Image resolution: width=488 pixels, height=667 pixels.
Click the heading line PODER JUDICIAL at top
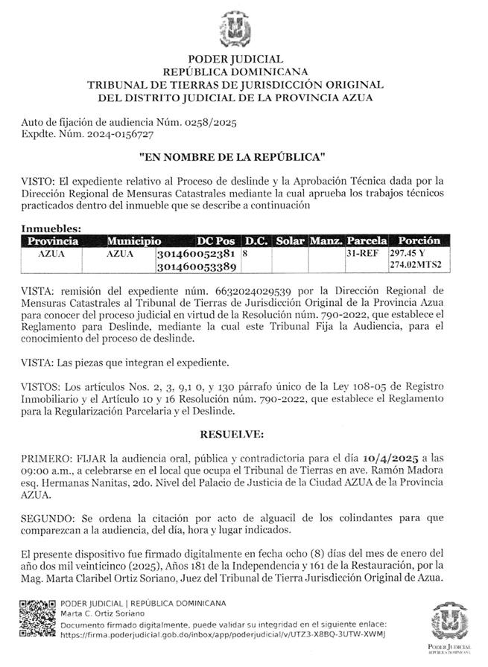(x=235, y=59)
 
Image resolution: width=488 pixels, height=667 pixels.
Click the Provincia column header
(x=53, y=241)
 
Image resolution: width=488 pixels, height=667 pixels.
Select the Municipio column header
(x=133, y=241)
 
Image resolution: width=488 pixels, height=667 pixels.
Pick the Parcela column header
(x=367, y=241)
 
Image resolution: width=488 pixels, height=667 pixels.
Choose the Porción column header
(x=419, y=241)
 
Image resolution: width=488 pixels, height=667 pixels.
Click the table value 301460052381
(x=197, y=254)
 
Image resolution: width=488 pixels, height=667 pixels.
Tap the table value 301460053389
(x=197, y=266)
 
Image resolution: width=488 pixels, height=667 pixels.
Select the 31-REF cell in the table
(x=361, y=254)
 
